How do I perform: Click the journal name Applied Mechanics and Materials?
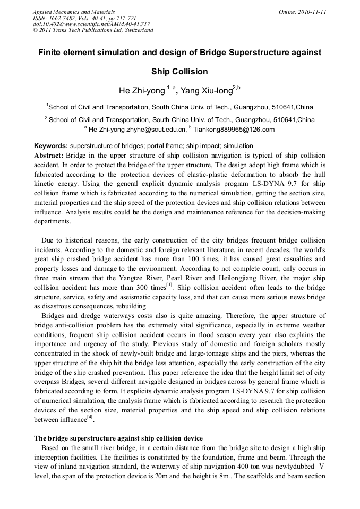[x=74, y=11]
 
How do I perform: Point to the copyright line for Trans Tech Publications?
[x=93, y=30]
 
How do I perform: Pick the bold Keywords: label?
[x=51, y=146]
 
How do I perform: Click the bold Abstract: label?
[x=49, y=156]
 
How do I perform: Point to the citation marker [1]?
[x=170, y=286]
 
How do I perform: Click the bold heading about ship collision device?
[x=118, y=438]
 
